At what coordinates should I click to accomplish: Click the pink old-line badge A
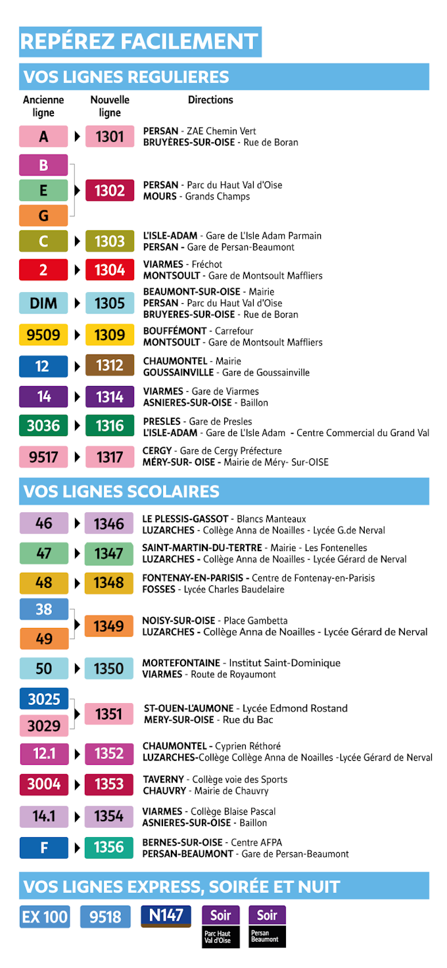[x=43, y=137]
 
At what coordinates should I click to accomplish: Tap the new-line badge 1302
[x=110, y=191]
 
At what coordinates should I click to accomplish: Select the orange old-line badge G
[x=43, y=216]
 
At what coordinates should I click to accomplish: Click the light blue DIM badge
[x=43, y=303]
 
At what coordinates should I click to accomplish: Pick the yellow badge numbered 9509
[x=43, y=335]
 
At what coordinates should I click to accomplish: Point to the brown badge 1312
[x=110, y=366]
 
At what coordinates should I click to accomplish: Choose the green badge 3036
[x=43, y=425]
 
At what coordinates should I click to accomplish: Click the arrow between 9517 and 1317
[x=78, y=457]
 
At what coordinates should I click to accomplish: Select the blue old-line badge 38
[x=43, y=610]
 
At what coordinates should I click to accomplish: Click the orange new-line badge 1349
[x=109, y=626]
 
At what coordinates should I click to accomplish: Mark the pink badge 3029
[x=43, y=726]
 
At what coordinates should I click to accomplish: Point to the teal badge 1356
[x=109, y=847]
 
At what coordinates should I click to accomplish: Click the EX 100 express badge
[x=45, y=917]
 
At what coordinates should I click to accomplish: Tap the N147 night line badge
[x=166, y=915]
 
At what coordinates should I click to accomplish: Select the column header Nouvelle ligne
[x=110, y=106]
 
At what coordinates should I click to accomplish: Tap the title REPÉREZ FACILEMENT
[x=139, y=41]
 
